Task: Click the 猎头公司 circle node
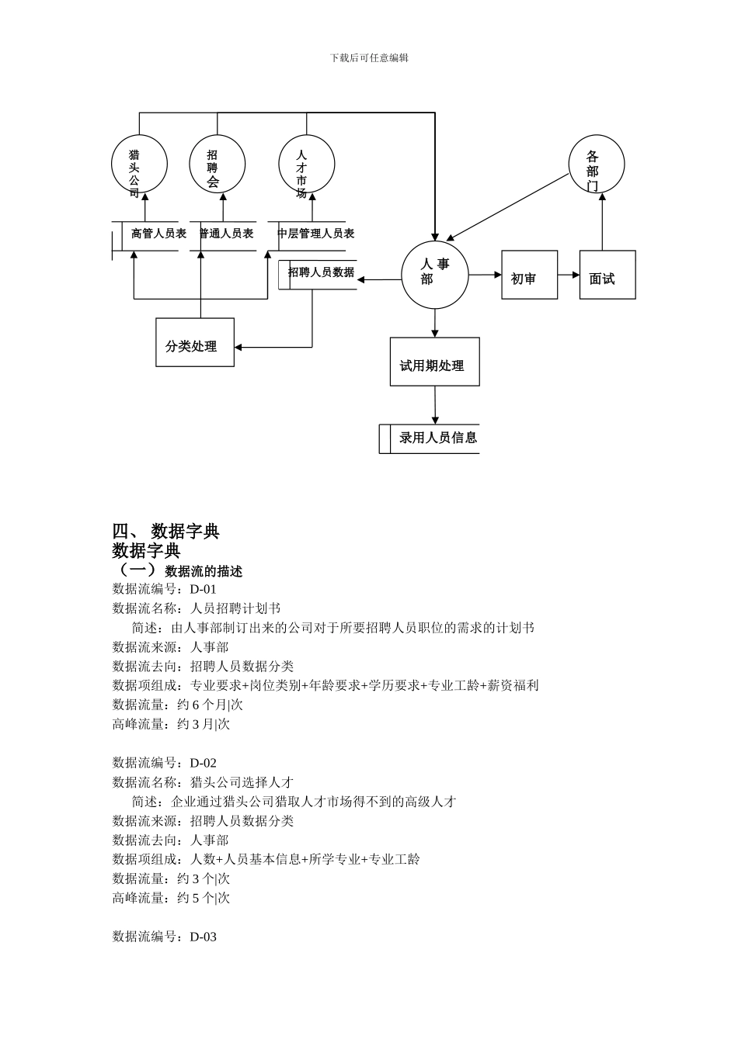(139, 165)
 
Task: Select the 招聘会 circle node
(217, 165)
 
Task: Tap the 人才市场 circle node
(306, 165)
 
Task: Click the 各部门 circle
(596, 165)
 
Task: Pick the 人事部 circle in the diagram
(435, 275)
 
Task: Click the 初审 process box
(529, 275)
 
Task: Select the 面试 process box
(607, 275)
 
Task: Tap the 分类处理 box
(195, 342)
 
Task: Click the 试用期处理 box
(434, 362)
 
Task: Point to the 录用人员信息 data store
(437, 438)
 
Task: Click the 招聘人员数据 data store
(321, 273)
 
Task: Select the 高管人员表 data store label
(158, 234)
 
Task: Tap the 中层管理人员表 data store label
(316, 234)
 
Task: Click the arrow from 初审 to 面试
(569, 275)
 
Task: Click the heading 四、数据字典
(165, 532)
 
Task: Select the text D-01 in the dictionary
(204, 589)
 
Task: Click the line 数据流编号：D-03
(165, 937)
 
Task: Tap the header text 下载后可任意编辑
(369, 57)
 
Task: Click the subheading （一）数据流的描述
(179, 571)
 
